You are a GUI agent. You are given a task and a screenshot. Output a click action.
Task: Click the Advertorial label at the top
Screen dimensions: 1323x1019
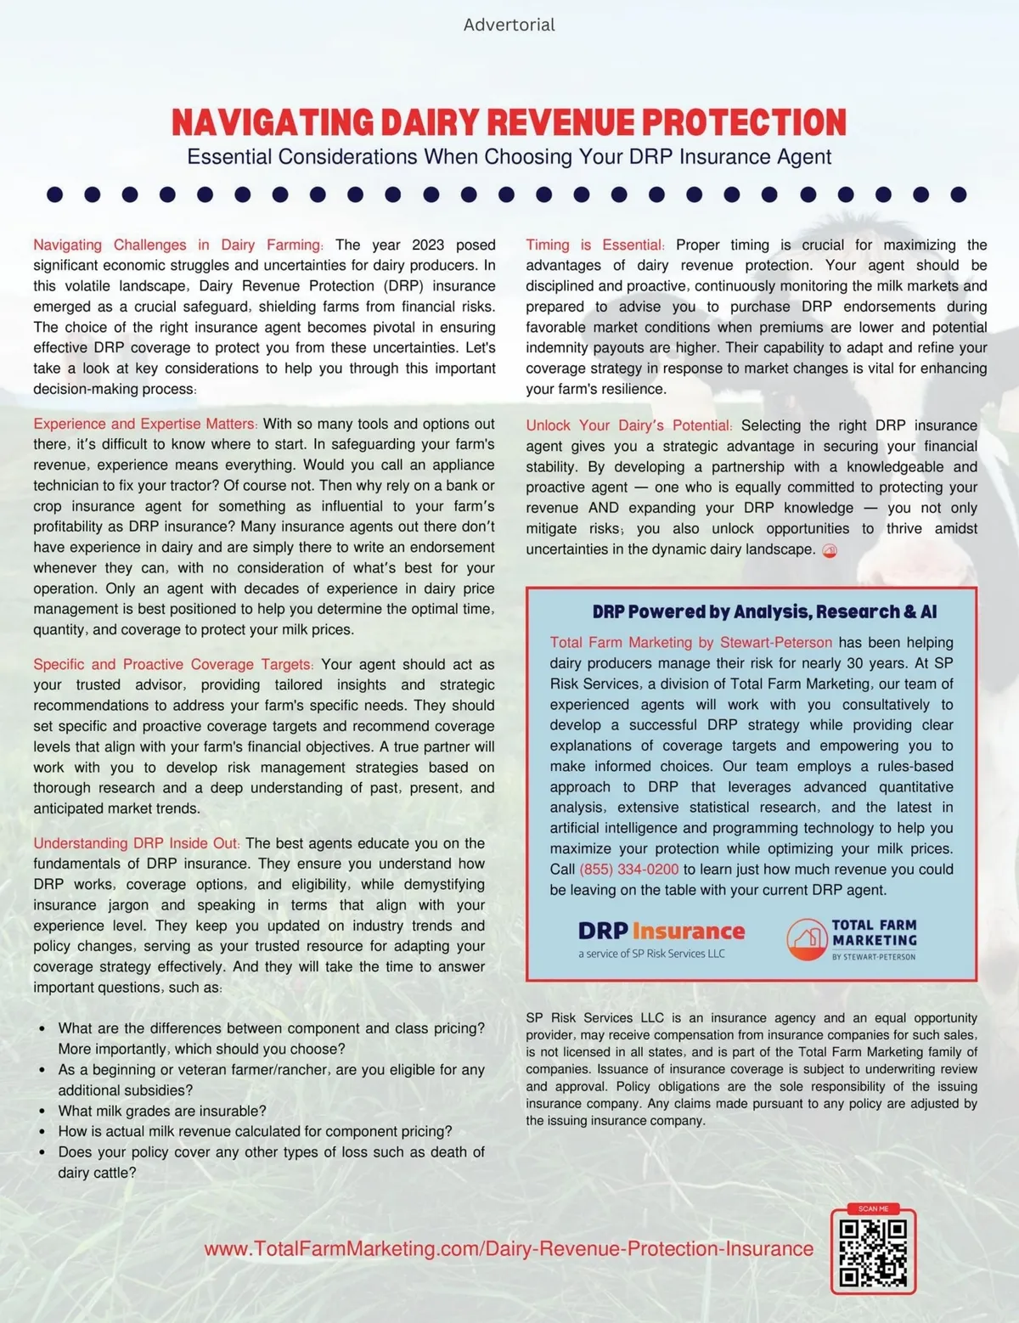click(x=509, y=25)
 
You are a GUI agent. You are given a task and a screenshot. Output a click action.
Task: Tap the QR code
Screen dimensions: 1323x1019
click(x=873, y=1253)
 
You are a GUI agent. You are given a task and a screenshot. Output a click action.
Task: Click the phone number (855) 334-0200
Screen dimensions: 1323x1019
click(x=628, y=870)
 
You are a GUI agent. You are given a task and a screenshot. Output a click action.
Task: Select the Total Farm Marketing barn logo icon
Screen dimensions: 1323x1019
click(x=806, y=940)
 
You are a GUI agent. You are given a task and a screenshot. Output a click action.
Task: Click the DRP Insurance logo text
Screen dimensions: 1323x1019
click(x=661, y=932)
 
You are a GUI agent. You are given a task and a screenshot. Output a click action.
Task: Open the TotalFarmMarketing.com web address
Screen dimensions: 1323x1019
click(x=509, y=1249)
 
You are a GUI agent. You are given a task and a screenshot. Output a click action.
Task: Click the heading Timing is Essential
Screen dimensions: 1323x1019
click(x=594, y=245)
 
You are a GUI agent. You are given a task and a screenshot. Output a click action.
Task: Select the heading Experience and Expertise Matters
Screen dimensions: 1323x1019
click(x=144, y=424)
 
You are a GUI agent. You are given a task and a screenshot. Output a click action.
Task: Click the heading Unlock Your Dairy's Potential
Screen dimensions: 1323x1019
click(x=628, y=425)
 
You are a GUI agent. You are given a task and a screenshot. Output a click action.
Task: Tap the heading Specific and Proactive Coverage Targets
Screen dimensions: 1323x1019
click(x=173, y=664)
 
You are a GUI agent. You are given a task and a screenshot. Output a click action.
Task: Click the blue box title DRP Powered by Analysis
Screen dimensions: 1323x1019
click(x=764, y=611)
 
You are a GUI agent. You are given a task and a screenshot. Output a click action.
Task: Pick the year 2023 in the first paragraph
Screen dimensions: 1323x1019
click(x=428, y=245)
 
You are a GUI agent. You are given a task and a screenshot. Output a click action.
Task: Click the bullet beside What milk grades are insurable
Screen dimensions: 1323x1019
click(x=42, y=1112)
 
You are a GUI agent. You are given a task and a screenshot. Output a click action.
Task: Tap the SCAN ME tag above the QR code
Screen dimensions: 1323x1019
click(x=873, y=1209)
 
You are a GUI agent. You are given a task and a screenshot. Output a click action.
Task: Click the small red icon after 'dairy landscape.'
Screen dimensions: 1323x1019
click(x=830, y=550)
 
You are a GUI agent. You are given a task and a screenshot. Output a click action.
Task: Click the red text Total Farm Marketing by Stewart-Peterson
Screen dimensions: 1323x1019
click(x=690, y=643)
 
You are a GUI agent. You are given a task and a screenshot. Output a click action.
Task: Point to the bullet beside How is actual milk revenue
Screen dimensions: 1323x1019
click(x=42, y=1132)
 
